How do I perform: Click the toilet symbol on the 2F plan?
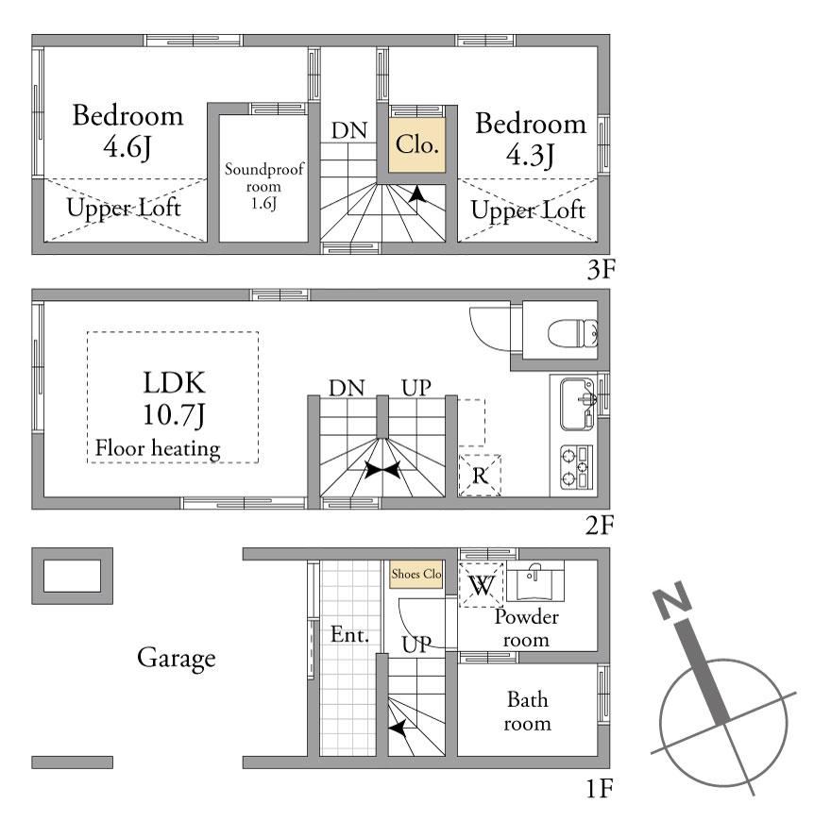(572, 333)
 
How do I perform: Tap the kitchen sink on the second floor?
(578, 404)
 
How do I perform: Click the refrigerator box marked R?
(480, 475)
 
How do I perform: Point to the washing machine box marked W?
(482, 584)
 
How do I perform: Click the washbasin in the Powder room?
(534, 581)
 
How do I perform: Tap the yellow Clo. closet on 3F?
(417, 144)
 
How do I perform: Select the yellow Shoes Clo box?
(416, 575)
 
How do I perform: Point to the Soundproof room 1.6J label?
(263, 186)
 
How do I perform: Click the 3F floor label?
(601, 269)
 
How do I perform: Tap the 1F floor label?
(599, 789)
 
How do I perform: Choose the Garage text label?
(177, 659)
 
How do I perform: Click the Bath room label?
(527, 712)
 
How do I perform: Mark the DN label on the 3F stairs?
(349, 131)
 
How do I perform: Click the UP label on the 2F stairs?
(416, 388)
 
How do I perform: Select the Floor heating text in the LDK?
(158, 448)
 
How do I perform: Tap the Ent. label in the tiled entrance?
(349, 635)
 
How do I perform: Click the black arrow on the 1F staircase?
(397, 728)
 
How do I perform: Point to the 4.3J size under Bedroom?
(531, 155)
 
